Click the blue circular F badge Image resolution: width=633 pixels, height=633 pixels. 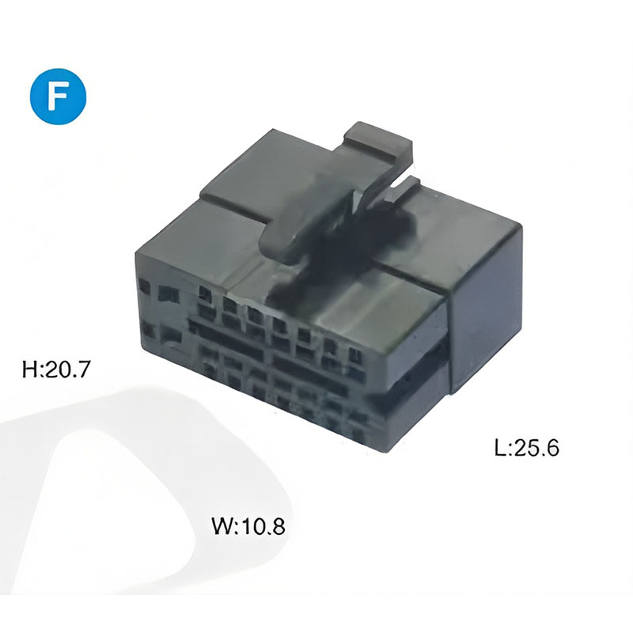(x=58, y=96)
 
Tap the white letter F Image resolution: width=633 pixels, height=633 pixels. (x=57, y=97)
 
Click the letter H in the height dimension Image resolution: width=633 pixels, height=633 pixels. (x=29, y=369)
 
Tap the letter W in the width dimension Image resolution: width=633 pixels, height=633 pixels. (x=222, y=526)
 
